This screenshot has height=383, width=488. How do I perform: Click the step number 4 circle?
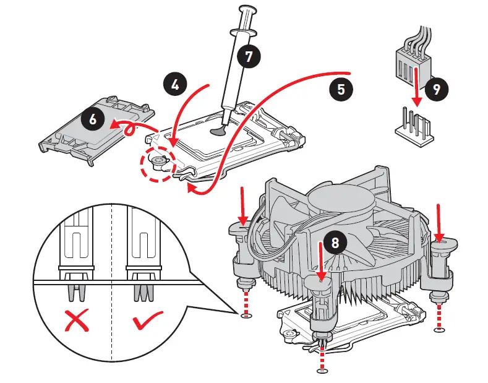coord(175,85)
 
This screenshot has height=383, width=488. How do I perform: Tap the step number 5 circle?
coord(341,89)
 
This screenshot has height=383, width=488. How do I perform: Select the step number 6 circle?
coord(92,119)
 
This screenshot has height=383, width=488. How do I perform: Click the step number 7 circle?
coord(249,57)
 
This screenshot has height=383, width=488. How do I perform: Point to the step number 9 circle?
coord(437,89)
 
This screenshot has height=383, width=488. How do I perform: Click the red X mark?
coord(76,321)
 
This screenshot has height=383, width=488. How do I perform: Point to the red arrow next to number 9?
coord(417,87)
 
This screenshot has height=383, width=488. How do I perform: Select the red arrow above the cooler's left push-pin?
coord(243,207)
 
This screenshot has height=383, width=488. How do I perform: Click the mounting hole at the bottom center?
coord(322,371)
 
